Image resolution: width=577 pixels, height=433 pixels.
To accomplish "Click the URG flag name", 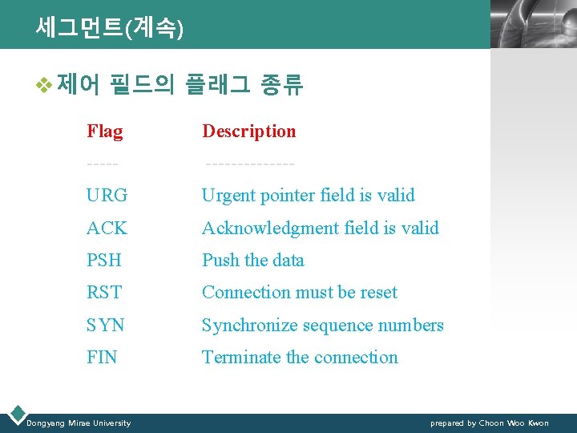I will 107,196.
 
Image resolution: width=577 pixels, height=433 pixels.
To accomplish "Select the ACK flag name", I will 107,229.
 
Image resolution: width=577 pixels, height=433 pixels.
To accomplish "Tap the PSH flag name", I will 104,261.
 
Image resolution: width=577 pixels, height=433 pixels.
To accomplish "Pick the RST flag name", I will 104,293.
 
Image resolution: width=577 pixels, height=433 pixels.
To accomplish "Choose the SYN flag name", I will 106,326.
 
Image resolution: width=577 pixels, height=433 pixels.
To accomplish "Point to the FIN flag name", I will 102,358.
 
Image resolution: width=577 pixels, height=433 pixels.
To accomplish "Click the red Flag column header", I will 105,132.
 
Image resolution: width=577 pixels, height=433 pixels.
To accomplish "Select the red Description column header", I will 248,132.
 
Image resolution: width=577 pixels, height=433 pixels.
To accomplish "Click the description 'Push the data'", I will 253,261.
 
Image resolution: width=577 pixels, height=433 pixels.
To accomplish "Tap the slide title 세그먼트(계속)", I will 109,29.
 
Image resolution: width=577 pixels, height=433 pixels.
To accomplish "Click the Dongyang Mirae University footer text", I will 79,423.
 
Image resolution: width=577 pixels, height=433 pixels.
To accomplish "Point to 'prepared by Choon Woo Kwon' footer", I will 489,423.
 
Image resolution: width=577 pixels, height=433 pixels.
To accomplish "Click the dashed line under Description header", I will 249,164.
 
